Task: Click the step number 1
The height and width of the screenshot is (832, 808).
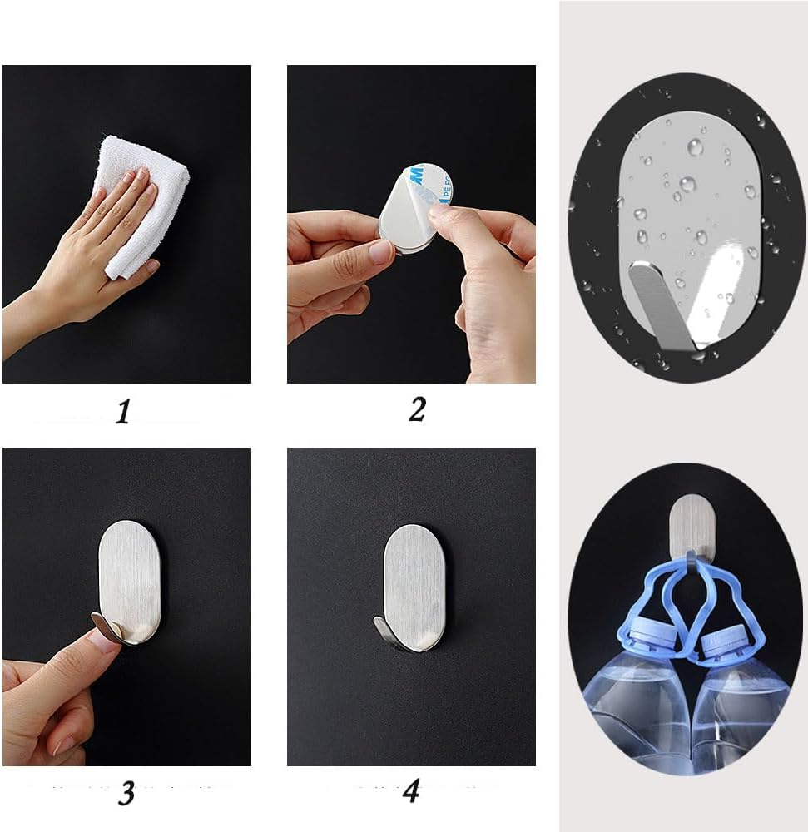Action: tap(123, 411)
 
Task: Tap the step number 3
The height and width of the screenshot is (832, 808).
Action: tap(126, 792)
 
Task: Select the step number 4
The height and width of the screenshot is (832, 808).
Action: tap(410, 790)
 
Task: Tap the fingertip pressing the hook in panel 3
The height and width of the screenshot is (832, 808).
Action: tap(102, 641)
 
